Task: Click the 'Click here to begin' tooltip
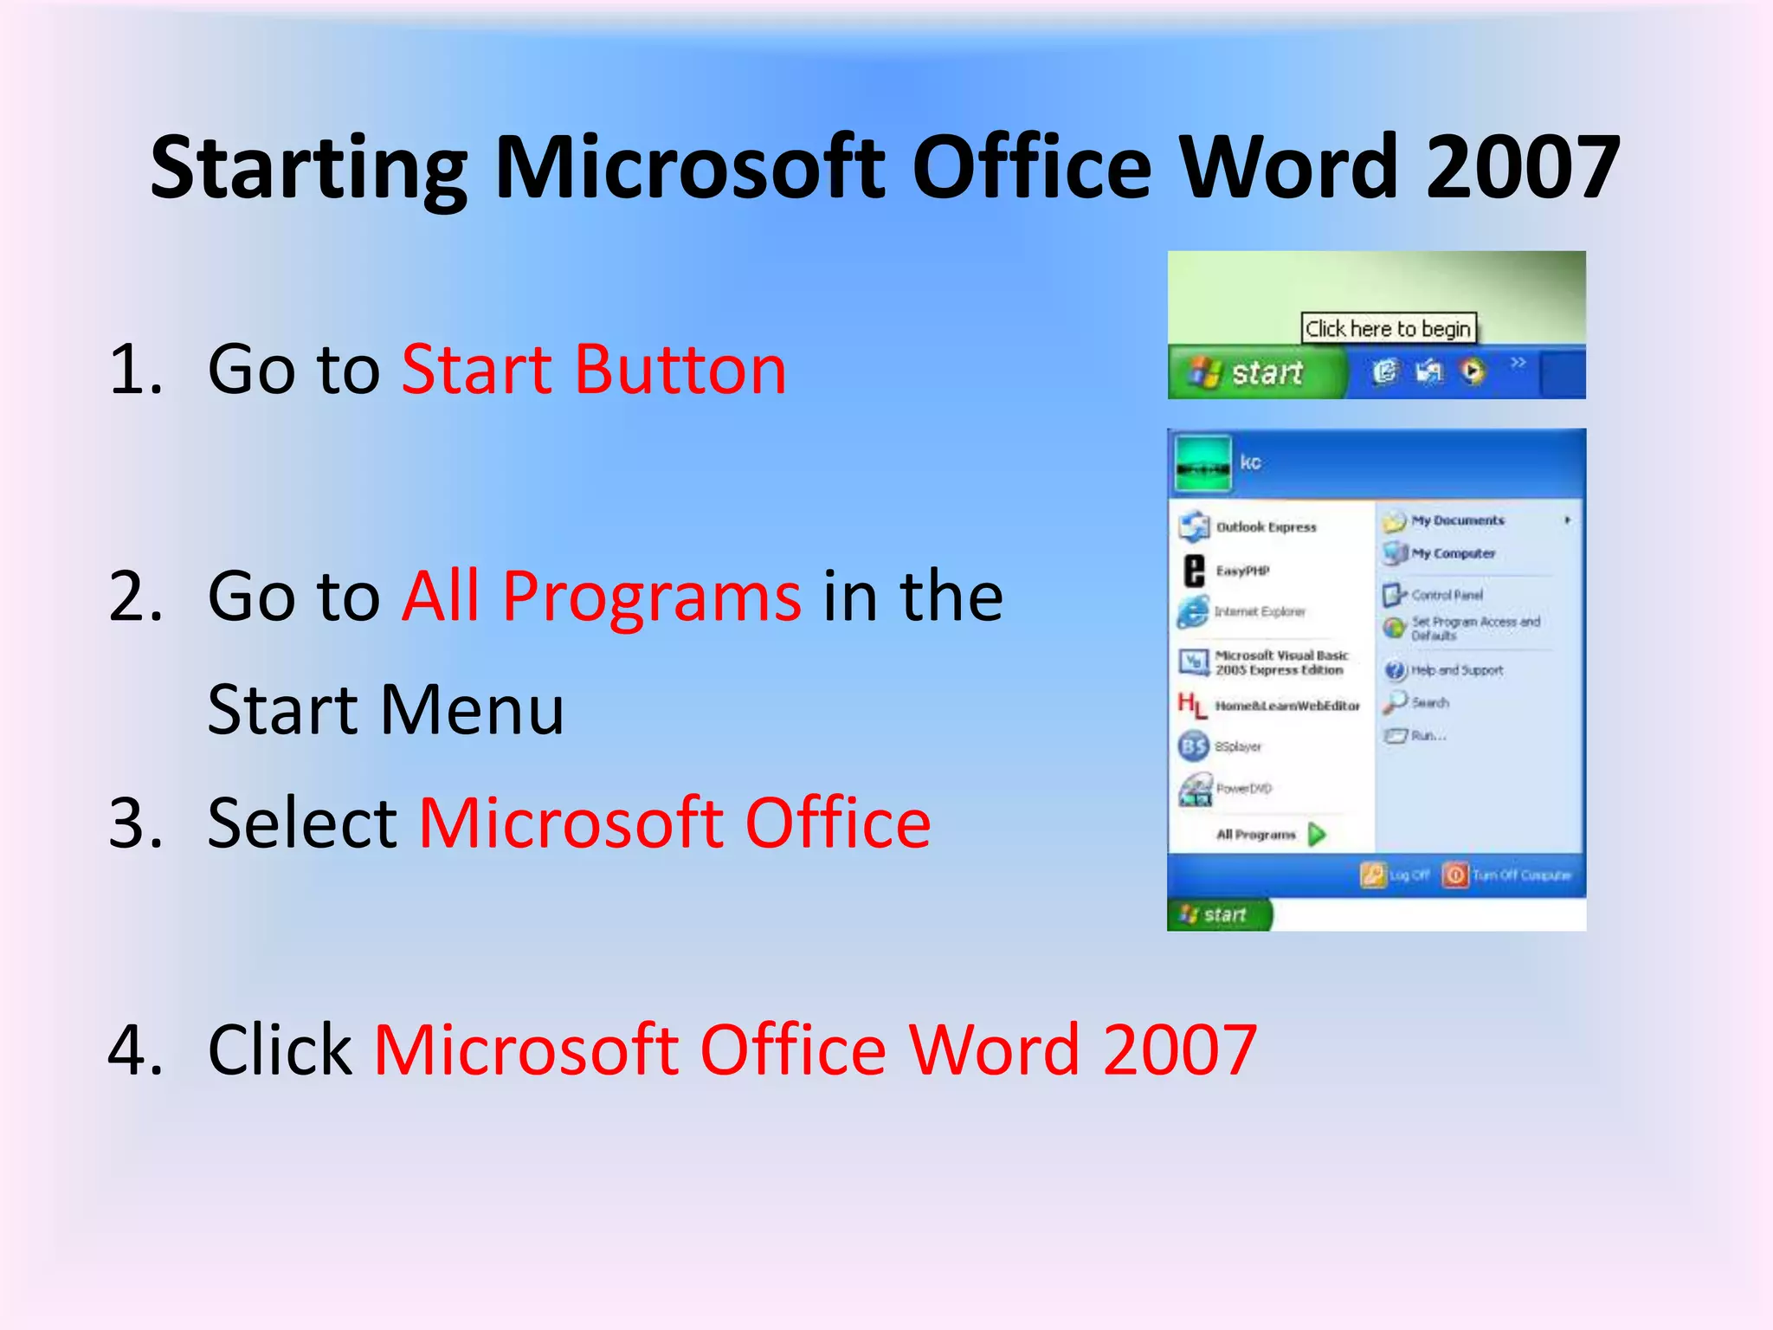tap(1388, 329)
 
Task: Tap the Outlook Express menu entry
tap(1265, 526)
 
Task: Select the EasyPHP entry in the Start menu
tap(1241, 571)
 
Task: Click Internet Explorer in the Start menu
tap(1259, 612)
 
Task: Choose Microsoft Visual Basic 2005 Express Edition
tap(1279, 662)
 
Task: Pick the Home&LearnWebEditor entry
tap(1286, 706)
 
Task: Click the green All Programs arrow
tap(1317, 835)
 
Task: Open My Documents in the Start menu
tap(1457, 520)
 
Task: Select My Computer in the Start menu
tap(1453, 553)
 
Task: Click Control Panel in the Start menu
tap(1446, 595)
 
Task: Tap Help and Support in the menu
tap(1456, 670)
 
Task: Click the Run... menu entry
tap(1427, 736)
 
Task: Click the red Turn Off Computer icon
tap(1455, 875)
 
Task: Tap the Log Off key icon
tap(1373, 875)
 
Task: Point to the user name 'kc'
tap(1250, 462)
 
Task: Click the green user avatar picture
tap(1202, 464)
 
